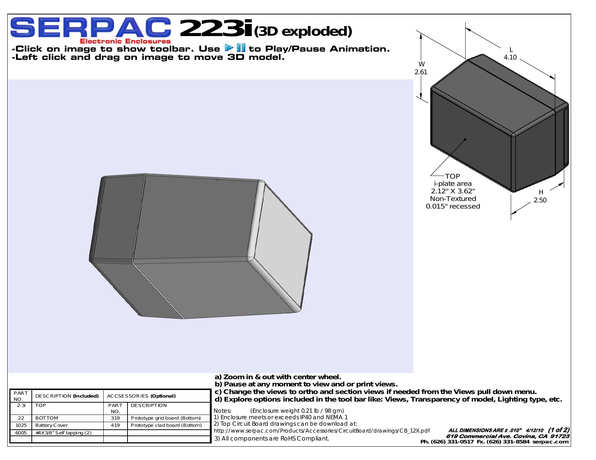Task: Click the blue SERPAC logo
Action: click(91, 27)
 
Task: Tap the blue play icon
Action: click(229, 48)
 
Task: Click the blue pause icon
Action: click(241, 48)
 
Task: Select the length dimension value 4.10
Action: click(510, 57)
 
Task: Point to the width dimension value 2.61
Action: click(421, 72)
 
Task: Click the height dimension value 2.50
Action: click(540, 200)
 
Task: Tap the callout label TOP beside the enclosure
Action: click(452, 176)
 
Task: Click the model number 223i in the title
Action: click(216, 28)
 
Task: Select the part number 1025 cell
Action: click(21, 425)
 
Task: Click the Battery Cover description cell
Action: click(52, 425)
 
